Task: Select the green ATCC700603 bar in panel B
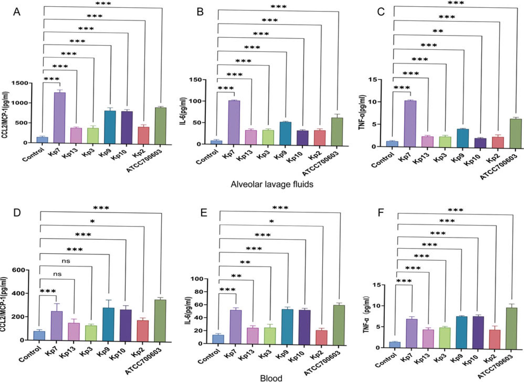(x=337, y=131)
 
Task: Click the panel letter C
(x=380, y=12)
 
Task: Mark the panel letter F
(x=380, y=212)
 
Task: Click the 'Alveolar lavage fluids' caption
(x=272, y=184)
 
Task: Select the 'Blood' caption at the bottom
(x=271, y=378)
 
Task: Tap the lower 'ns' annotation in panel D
(x=57, y=274)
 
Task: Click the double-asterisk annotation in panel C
(x=438, y=31)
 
